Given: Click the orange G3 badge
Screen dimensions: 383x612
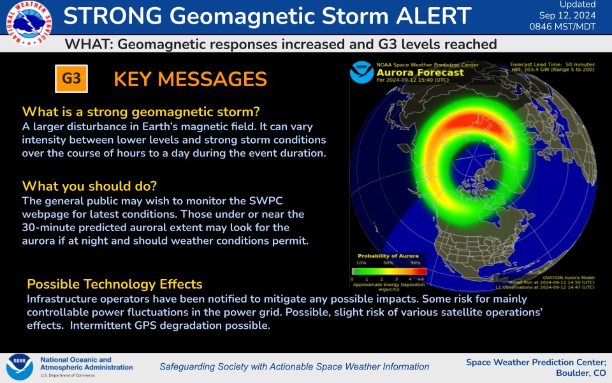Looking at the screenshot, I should coord(71,79).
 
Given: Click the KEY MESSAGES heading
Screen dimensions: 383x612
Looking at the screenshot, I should coord(190,79).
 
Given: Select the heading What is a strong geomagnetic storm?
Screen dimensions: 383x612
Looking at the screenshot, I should coord(141,112).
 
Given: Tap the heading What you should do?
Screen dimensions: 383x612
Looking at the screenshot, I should coord(89,186).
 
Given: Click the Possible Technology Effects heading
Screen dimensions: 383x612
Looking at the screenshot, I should coord(115,284).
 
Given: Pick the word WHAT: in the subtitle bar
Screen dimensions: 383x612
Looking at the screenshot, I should coord(89,44).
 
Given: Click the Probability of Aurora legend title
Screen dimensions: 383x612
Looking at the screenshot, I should coord(388,255).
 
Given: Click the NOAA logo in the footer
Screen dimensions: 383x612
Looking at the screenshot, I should coord(20,367).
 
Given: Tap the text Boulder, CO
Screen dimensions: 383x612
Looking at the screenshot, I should coord(581,373).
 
